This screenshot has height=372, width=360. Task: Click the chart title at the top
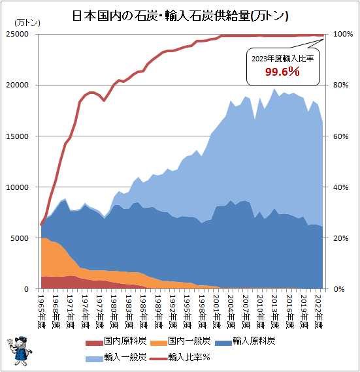[180, 16]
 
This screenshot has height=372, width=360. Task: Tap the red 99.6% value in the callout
[282, 71]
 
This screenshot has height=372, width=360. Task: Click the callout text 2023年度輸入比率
[283, 58]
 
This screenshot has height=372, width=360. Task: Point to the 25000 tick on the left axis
[18, 34]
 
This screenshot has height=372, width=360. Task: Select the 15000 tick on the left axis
[18, 136]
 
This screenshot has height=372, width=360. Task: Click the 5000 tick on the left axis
[20, 238]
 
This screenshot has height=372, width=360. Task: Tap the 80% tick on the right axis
[341, 85]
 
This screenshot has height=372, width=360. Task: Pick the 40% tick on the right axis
[341, 187]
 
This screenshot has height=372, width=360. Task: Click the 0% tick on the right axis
[338, 289]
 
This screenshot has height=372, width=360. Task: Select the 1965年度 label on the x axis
[42, 312]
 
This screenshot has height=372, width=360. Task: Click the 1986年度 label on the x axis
[144, 312]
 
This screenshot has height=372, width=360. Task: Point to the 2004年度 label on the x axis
[231, 312]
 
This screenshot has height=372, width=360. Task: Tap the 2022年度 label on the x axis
[319, 312]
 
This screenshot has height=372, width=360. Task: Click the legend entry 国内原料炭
[116, 341]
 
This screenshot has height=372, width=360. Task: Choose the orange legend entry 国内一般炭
[180, 341]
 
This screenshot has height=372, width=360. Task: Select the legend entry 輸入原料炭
[245, 341]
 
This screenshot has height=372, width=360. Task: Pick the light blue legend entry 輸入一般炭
[116, 357]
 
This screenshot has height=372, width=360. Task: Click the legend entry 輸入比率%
[180, 357]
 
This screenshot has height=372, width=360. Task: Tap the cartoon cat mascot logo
[20, 350]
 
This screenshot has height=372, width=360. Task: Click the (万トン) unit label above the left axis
[27, 23]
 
